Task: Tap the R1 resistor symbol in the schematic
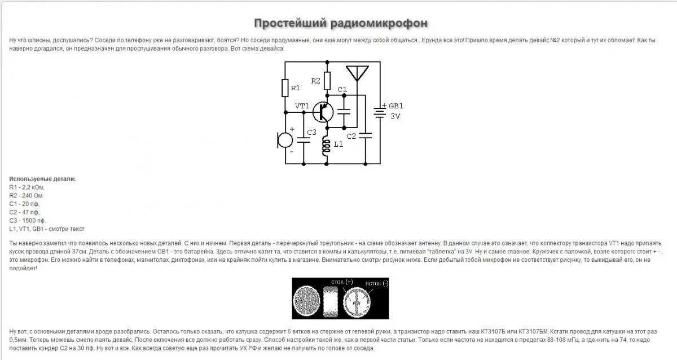tap(285, 88)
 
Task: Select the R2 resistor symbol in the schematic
tap(327, 81)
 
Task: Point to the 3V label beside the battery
tap(395, 116)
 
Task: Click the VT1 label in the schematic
tap(302, 106)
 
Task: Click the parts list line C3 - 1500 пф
tap(27, 221)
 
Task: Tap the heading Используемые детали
tap(42, 179)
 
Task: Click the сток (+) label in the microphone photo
tap(342, 282)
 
